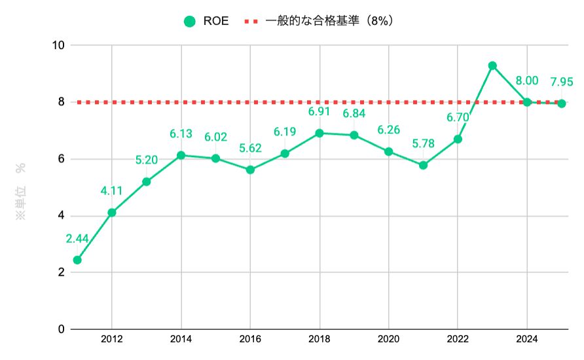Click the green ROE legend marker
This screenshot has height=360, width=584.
[x=190, y=22]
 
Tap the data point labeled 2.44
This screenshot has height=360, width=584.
[x=77, y=260]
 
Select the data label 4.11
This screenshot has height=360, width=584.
[x=112, y=191]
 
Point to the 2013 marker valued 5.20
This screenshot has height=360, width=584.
[x=146, y=181]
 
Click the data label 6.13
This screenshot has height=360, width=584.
[x=181, y=134]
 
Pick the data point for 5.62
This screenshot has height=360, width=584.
[x=250, y=170]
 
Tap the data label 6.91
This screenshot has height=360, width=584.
[x=319, y=112]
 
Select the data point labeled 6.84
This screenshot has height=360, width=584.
[x=354, y=135]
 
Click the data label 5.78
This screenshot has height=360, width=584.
[x=423, y=144]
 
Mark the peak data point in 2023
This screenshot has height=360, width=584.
[x=492, y=65]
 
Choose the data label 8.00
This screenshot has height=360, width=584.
[x=527, y=81]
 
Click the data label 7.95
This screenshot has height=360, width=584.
[x=562, y=82]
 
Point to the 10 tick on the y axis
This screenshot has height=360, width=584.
[x=59, y=45]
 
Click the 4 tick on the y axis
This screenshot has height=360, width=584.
[x=62, y=216]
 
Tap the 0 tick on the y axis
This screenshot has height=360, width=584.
[x=62, y=329]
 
